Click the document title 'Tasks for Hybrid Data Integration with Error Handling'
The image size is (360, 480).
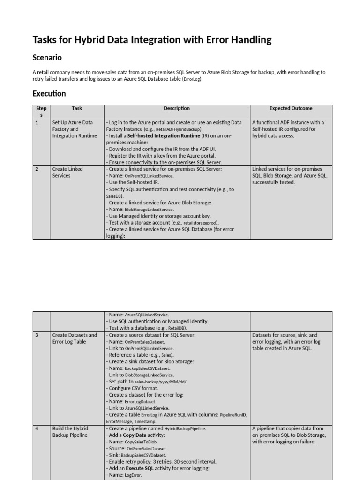tap(152, 40)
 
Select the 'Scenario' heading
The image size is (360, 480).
tap(47, 58)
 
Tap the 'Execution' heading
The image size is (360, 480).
tap(49, 93)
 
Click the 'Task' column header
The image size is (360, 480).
tap(77, 108)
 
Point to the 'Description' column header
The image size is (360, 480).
tap(177, 108)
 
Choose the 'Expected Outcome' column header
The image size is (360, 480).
tap(291, 108)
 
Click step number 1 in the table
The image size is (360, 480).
tap(37, 122)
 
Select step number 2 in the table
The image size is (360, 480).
tap(37, 169)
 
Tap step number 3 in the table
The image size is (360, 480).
tap(37, 335)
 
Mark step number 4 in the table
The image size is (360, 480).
tap(37, 428)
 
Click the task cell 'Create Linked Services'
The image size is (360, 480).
tap(68, 172)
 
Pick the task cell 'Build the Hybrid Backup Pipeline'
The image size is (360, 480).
tap(70, 432)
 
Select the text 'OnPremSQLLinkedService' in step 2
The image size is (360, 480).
tap(149, 176)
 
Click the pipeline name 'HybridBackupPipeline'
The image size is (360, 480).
tap(185, 428)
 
